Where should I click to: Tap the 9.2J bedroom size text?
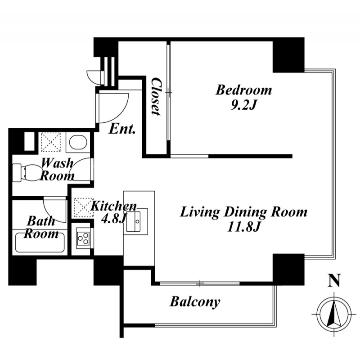[243, 105]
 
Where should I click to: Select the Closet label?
[156, 96]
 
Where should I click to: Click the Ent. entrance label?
[122, 129]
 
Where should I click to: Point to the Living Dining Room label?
[243, 212]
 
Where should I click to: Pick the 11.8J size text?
[243, 227]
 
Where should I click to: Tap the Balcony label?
[195, 301]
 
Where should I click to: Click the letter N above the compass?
[333, 281]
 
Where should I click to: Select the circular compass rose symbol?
[334, 314]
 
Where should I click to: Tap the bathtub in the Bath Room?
[40, 243]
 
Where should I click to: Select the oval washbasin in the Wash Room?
[78, 142]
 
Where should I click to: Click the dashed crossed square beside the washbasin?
[51, 142]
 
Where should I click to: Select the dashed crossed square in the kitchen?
[84, 208]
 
